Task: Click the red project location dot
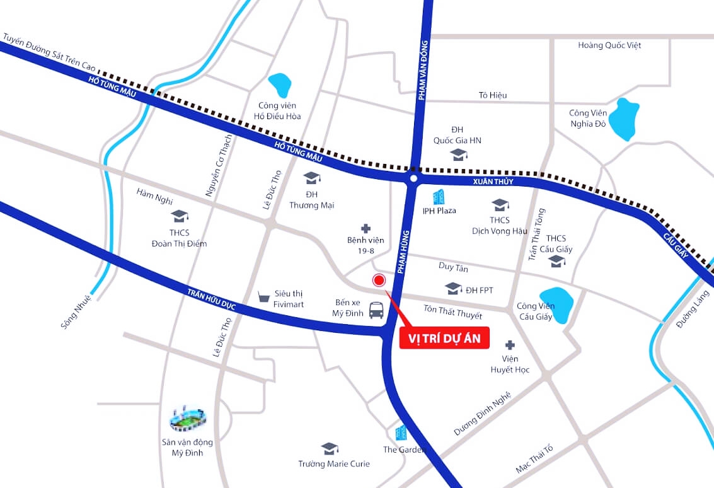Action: [379, 281]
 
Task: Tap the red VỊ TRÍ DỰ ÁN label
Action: [444, 339]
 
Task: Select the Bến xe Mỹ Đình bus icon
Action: [376, 310]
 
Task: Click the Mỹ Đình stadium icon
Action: [188, 418]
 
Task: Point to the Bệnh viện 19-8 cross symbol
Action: [366, 228]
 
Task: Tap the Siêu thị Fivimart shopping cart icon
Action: [264, 296]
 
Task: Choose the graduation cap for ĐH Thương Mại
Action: [311, 178]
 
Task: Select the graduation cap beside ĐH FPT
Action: [452, 289]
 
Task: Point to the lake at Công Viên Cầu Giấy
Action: [555, 302]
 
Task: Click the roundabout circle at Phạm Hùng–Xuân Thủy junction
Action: [412, 180]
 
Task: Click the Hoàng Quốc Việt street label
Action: [609, 45]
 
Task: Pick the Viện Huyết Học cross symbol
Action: [510, 345]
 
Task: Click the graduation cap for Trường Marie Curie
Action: [329, 448]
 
